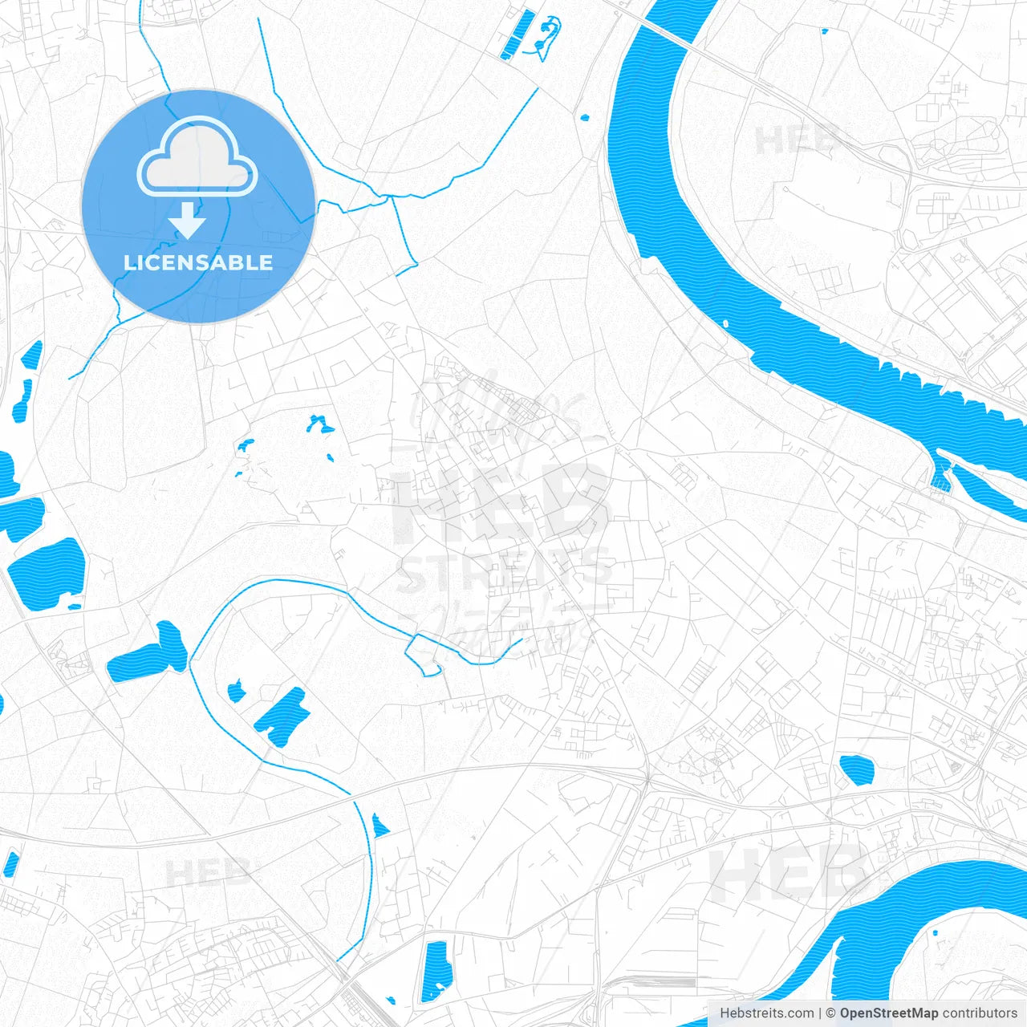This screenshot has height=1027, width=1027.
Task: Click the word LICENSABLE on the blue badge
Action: point(198,262)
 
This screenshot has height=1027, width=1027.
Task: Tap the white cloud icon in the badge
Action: point(197,157)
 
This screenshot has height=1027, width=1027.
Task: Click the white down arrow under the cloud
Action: point(188,220)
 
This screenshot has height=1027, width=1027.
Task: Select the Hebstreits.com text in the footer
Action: point(766,1013)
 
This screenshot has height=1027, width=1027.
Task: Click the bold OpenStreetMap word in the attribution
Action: point(889,1013)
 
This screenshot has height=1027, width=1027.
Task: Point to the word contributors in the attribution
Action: point(980,1013)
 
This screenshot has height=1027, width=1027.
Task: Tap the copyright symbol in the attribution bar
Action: point(831,1013)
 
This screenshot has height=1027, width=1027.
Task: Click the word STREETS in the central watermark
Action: point(504,570)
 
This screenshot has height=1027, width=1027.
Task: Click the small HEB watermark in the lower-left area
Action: point(208,873)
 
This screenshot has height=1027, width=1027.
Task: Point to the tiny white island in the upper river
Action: point(725,323)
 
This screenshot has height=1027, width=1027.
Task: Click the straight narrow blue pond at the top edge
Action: point(516,35)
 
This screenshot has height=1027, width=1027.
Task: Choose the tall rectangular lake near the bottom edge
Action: point(436,971)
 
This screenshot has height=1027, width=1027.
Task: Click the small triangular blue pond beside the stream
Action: point(380,825)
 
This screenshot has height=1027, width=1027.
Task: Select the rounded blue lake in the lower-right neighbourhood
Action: point(856,769)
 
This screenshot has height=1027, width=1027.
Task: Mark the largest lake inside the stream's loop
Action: point(282,716)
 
